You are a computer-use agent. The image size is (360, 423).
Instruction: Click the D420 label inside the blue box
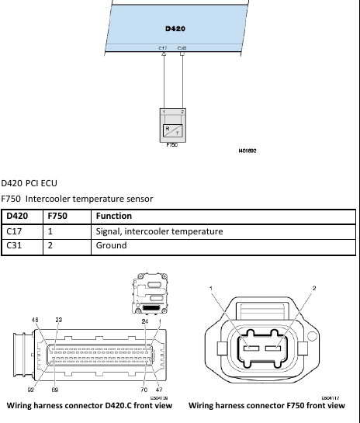click(x=175, y=29)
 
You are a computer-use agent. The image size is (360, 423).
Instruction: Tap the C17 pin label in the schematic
click(x=163, y=48)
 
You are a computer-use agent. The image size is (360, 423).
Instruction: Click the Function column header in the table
click(x=113, y=216)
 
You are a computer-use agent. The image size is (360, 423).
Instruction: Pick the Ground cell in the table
click(x=110, y=246)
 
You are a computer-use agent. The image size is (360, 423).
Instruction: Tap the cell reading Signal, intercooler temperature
click(x=159, y=231)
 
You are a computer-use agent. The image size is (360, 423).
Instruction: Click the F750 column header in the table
click(x=59, y=216)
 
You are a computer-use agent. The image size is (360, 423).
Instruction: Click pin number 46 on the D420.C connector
click(x=35, y=319)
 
